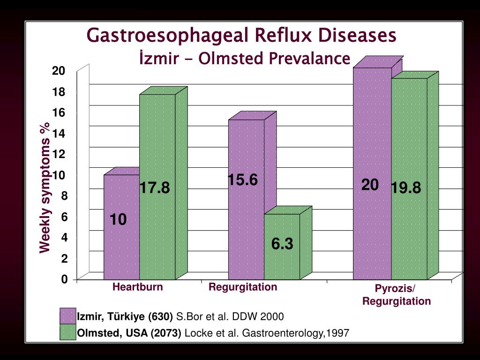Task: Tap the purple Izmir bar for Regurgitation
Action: pos(246,225)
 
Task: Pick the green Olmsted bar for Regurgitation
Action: pos(282,262)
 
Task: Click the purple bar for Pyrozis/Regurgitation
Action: pos(372,225)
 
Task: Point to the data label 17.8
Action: pos(154,188)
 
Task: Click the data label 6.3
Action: pos(282,244)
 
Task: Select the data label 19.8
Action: pos(406,188)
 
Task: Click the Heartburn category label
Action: pos(137,287)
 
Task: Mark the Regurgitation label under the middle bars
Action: pos(243,287)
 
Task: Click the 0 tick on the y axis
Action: pos(64,279)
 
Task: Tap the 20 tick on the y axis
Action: pos(59,71)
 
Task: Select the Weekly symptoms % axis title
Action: pos(45,187)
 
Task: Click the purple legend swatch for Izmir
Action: pos(67,317)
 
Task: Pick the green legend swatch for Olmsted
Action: pos(67,333)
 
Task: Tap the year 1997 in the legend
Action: pos(339,333)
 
